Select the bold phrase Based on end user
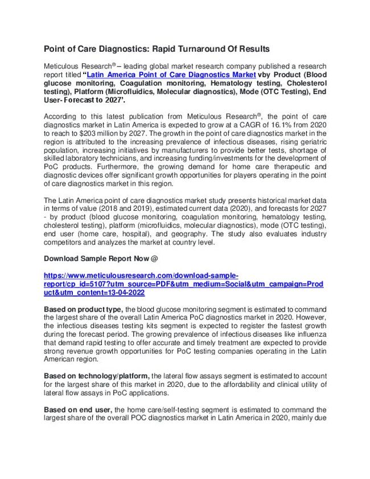point(78,410)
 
